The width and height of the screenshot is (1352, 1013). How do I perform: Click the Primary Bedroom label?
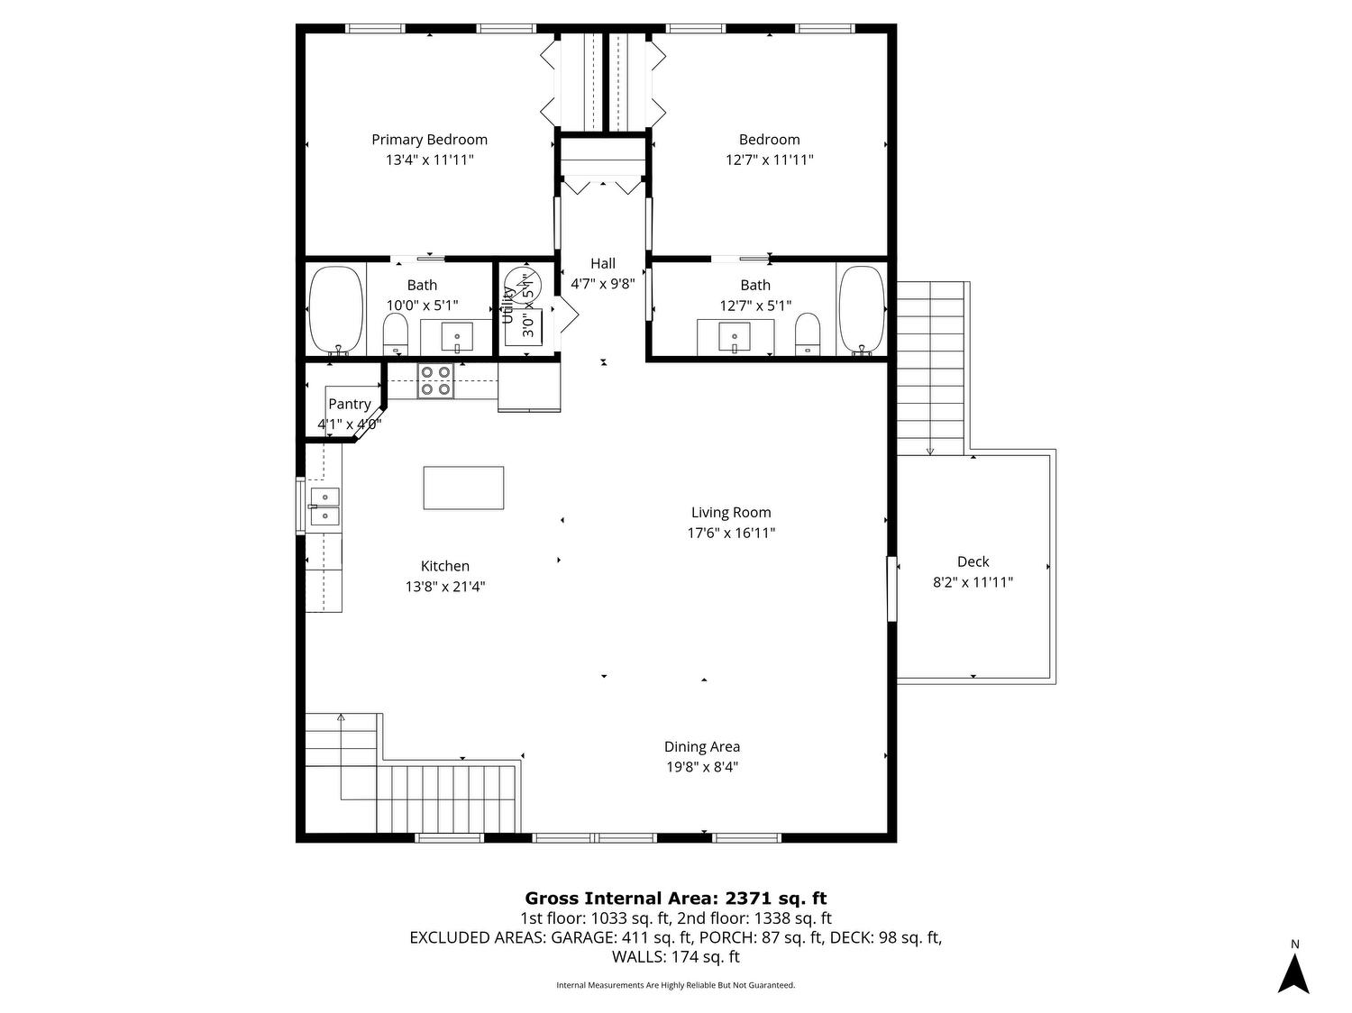[429, 140]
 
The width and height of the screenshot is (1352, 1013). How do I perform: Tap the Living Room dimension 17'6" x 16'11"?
[730, 533]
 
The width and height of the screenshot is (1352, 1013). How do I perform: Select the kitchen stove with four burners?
[435, 380]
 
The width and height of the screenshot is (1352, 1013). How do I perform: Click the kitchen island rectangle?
[463, 488]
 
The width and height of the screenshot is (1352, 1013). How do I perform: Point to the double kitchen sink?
[324, 506]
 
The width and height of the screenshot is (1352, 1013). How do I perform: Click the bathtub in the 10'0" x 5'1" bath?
[335, 311]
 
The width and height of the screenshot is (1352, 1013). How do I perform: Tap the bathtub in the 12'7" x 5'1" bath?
[862, 311]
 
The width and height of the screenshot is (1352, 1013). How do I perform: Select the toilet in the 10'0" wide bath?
[396, 333]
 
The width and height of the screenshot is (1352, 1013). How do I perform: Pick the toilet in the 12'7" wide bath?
[807, 333]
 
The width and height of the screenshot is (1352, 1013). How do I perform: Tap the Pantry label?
[349, 404]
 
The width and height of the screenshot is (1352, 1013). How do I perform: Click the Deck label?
[973, 561]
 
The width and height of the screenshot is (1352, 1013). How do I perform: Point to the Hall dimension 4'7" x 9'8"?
[602, 284]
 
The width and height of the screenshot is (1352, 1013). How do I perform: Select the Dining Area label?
[702, 746]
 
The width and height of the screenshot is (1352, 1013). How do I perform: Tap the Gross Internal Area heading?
[676, 898]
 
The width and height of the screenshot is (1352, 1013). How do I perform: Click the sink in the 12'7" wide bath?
[735, 336]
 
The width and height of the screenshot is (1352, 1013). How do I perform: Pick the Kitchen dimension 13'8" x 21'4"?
[444, 586]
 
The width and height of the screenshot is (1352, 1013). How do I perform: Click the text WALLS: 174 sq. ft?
[676, 956]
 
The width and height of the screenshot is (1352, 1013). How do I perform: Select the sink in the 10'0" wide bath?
[457, 336]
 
